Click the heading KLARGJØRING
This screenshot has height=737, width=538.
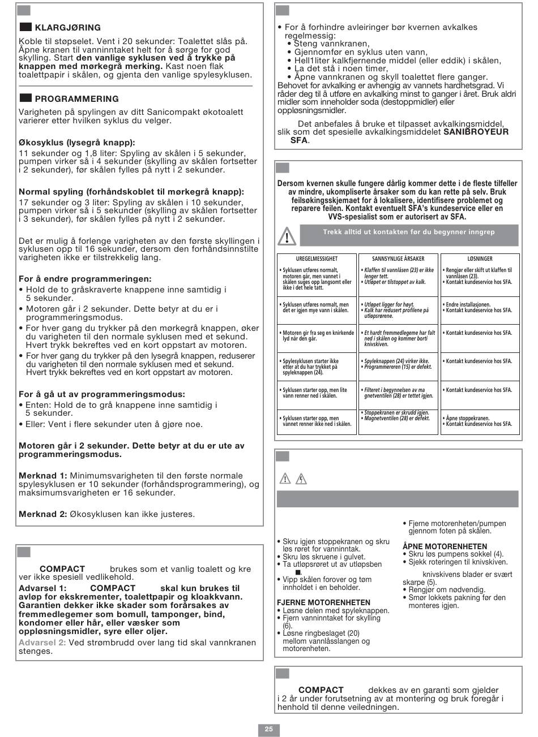[67, 27]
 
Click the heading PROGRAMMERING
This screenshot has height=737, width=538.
[76, 98]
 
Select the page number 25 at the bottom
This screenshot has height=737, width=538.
[268, 729]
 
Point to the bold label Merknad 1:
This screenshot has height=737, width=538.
[43, 476]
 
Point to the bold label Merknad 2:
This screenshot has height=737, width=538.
[43, 514]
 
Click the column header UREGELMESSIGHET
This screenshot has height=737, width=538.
[317, 258]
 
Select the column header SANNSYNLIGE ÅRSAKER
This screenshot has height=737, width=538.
[398, 258]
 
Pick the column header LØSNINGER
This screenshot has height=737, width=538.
[479, 258]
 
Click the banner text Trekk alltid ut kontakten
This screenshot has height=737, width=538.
[416, 231]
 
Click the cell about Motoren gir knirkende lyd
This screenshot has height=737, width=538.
[317, 337]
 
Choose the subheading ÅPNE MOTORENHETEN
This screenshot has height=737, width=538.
[445, 546]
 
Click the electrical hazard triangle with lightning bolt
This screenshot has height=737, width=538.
[302, 479]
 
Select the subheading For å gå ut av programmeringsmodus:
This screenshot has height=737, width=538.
[101, 394]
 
